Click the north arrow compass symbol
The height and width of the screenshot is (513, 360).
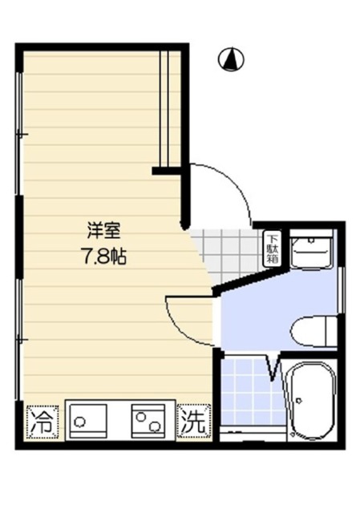click(x=231, y=58)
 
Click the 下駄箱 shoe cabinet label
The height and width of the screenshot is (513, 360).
click(x=273, y=248)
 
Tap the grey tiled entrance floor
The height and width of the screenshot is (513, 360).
click(x=229, y=252)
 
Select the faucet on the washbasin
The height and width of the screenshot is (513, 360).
click(x=312, y=240)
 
